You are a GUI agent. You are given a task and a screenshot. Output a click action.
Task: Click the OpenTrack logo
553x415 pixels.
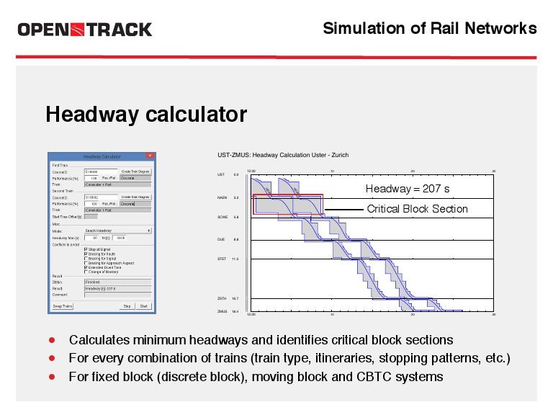tap(84, 30)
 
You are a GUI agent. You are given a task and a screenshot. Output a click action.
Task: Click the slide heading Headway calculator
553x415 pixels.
tap(146, 115)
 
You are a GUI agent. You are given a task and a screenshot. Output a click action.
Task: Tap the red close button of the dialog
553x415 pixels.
tap(150, 156)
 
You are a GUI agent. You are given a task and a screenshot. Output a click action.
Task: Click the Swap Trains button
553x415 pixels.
tap(63, 306)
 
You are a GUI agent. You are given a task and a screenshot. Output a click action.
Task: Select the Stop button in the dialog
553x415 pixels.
tap(127, 306)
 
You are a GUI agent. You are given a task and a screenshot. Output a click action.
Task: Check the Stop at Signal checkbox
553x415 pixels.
tap(86, 250)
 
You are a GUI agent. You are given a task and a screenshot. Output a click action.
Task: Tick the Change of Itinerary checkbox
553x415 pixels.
tap(86, 272)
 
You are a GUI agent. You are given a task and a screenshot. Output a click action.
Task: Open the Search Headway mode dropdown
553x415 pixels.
tap(117, 231)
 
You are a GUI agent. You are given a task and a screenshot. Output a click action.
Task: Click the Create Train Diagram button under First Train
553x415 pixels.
tap(135, 172)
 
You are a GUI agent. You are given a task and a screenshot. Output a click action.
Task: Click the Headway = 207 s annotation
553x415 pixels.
tap(408, 189)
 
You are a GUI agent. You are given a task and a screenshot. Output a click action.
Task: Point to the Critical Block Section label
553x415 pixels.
tap(417, 209)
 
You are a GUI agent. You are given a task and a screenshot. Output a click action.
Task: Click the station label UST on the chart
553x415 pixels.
tap(221, 175)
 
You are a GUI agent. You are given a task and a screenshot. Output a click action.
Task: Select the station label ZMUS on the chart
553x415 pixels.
tap(222, 312)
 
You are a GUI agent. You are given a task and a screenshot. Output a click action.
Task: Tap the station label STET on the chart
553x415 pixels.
tap(222, 258)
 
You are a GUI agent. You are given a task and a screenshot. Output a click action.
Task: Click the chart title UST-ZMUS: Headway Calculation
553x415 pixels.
tap(283, 155)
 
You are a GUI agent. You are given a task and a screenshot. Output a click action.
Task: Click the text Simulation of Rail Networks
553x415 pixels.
tap(429, 28)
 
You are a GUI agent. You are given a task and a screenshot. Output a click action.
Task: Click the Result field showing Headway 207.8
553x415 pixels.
tap(117, 288)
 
